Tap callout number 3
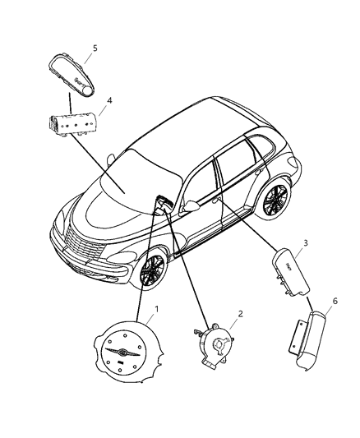click(x=306, y=243)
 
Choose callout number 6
click(x=333, y=302)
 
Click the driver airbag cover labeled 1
click(x=127, y=354)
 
